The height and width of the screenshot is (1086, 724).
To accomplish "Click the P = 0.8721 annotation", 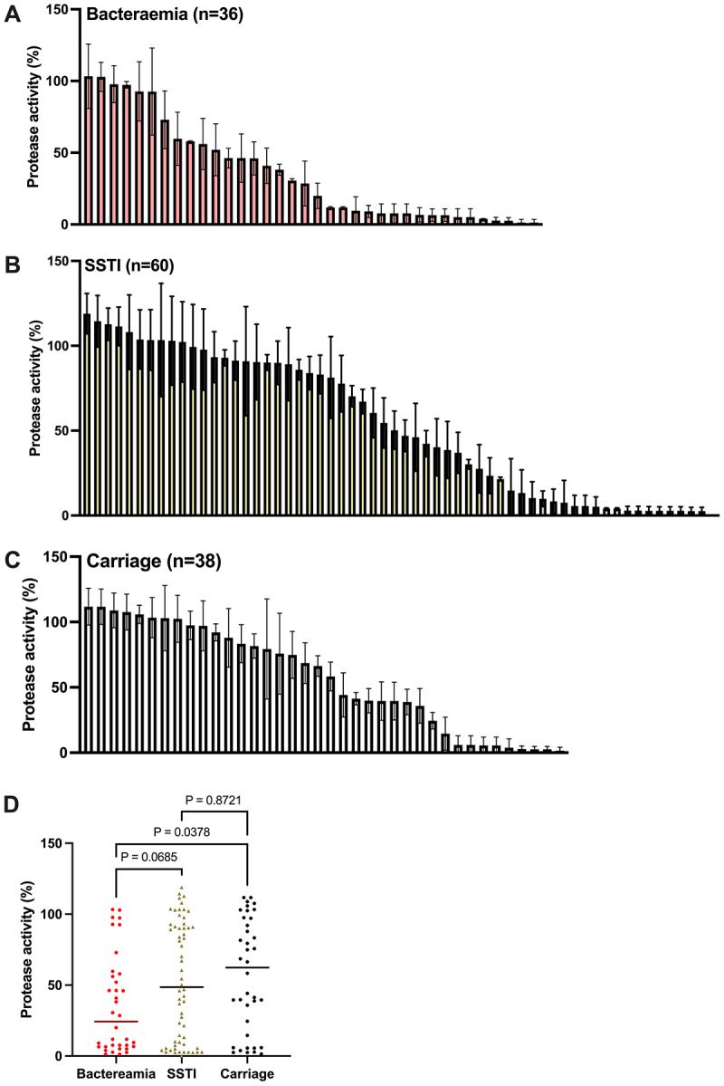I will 214,800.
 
